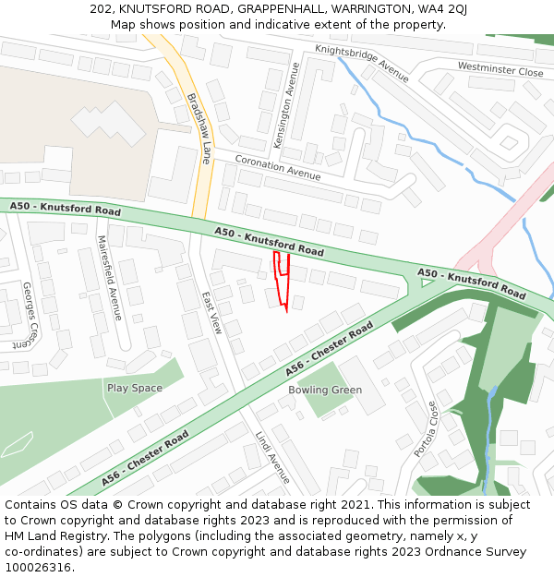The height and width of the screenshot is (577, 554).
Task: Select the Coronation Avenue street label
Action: (278, 167)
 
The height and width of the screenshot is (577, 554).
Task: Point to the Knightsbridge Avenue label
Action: (361, 63)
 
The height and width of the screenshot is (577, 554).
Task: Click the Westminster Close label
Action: (500, 69)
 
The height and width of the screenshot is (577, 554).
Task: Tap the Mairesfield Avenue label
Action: (110, 277)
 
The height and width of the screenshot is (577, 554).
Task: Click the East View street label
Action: (212, 312)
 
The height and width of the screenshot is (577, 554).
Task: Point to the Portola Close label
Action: (426, 428)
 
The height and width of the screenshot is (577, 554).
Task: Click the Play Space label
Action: (134, 388)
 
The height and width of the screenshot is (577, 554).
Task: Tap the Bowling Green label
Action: (324, 390)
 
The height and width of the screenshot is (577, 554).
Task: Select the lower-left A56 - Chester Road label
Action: (145, 458)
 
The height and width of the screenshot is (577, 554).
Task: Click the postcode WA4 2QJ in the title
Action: (440, 8)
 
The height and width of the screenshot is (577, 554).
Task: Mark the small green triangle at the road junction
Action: (426, 282)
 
